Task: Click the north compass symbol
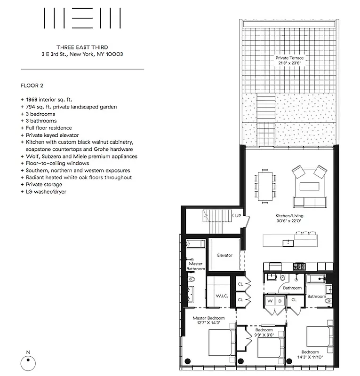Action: coord(28,362)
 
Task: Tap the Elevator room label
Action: coord(224,255)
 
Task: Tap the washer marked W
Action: coord(270,301)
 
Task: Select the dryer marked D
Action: coord(280,301)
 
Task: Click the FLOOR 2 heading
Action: coord(32,86)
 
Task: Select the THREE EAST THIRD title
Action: coord(82,47)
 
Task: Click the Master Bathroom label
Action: coord(196,266)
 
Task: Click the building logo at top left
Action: coord(82,19)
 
